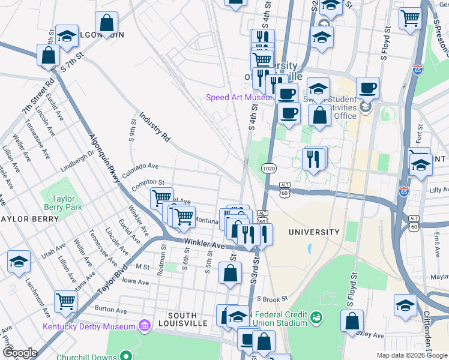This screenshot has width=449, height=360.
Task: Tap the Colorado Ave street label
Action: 140,170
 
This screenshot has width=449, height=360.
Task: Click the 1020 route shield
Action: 269,169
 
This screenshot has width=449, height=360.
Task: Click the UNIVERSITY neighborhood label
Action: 314,232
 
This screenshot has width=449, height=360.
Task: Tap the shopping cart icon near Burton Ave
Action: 65,301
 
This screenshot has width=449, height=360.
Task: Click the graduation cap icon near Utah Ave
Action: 19,262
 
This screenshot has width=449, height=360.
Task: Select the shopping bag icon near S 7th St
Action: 48,55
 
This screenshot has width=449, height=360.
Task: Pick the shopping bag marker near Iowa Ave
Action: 231,273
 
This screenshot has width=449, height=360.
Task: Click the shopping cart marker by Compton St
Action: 161,197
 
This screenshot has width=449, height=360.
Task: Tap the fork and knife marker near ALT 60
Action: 262,234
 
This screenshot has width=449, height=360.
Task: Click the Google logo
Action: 19,353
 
